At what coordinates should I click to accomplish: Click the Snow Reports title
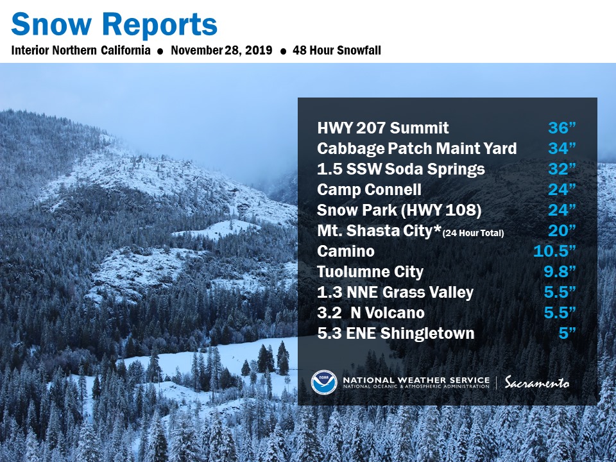pos(114,25)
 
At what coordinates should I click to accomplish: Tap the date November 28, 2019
pos(221,50)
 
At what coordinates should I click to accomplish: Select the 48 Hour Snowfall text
pos(337,50)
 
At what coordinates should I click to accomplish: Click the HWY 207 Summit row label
pos(382,128)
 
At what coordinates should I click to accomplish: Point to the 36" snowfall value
pos(562,128)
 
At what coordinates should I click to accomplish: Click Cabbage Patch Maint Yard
pos(417,148)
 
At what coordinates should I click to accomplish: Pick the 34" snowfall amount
pos(562,148)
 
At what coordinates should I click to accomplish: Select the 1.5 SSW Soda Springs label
pos(400,169)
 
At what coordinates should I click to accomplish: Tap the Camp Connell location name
pos(369,189)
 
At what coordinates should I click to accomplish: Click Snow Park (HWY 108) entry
pos(399,210)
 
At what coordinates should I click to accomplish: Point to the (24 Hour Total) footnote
pos(474,233)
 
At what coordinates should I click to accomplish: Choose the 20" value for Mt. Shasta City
pos(562,230)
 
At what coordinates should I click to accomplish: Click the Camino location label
pos(346,251)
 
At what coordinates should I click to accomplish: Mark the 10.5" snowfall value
pos(554,251)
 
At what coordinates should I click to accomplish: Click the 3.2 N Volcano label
pos(371,312)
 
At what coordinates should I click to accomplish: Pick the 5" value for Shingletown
pos(567,333)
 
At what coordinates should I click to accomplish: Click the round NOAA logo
pos(324,382)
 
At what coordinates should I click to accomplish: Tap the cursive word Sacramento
pos(537,382)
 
